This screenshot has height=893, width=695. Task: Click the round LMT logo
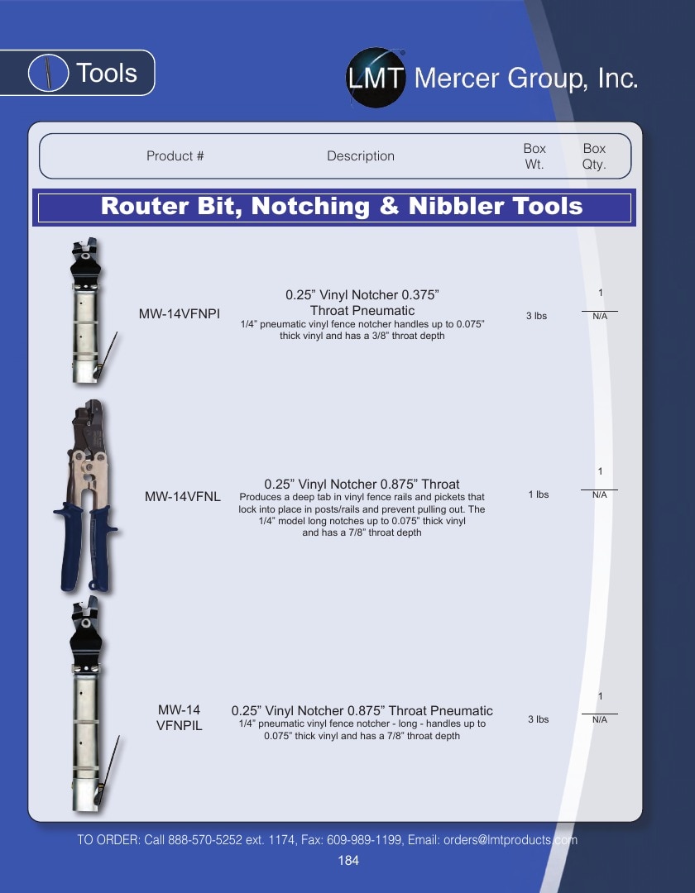pos(376,78)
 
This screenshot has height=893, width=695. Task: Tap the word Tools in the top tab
pos(107,73)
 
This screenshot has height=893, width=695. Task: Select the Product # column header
pos(175,156)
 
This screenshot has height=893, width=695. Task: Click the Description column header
pos(361,156)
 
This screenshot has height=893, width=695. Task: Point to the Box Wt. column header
pos(534,156)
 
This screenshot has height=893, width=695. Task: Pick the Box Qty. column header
pos(593,156)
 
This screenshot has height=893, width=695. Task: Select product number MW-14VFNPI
pos(180,314)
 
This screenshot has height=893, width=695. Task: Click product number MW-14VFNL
pos(182,497)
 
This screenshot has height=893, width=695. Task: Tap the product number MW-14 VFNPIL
pos(180,718)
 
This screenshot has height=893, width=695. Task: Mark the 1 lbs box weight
pos(539,494)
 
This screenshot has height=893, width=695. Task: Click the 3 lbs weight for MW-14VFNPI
pos(537,316)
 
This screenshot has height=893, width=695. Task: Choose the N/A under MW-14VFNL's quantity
pos(599,495)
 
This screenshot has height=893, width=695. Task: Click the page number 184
pos(348,861)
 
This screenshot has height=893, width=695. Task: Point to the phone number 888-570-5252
pos(205,840)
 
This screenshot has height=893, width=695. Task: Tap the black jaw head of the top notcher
pos(85,263)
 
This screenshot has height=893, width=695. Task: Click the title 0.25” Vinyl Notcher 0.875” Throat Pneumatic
pos(362,711)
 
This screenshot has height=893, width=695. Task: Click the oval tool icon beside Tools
pos(49,73)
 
